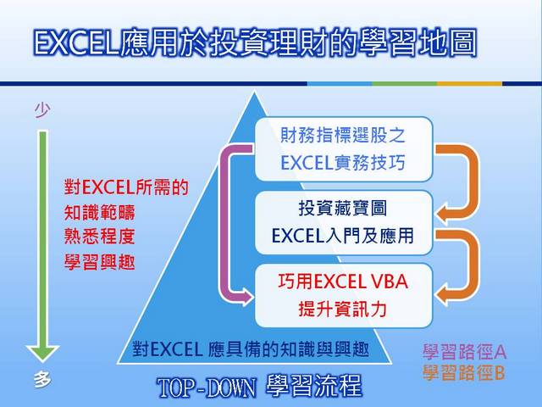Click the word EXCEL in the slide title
76,44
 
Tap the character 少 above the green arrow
42,110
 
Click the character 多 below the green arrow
42,380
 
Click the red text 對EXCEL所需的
126,187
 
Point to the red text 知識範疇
100,212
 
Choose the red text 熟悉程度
100,237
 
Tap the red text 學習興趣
100,262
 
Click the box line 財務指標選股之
343,135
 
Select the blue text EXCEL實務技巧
343,163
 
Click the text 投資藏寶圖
343,209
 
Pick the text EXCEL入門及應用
343,236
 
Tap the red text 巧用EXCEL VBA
343,282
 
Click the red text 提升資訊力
343,309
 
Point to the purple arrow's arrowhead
246,296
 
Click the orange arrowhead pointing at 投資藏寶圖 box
443,213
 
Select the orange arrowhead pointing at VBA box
443,295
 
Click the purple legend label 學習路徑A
464,352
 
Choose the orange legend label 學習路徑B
463,373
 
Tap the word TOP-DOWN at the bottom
207,387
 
